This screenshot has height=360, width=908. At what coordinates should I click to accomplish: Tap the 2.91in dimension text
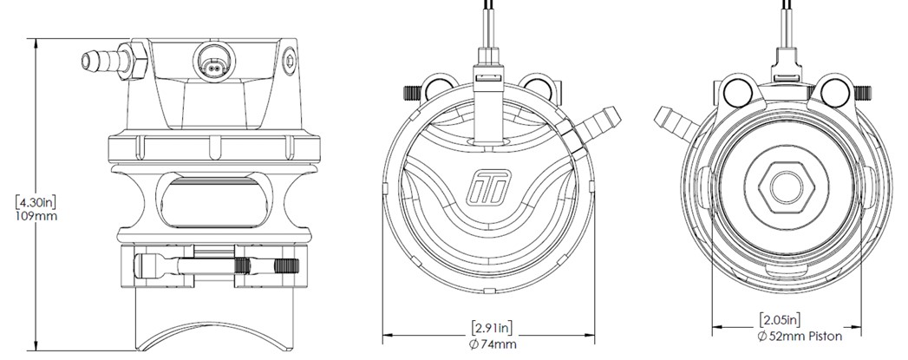492,328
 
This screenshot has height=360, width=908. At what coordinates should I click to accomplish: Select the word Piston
823,336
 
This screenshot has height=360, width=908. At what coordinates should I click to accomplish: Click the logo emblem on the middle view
488,187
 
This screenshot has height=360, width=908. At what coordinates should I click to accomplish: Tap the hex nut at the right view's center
787,187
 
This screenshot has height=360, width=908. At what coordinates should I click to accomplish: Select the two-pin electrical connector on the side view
215,60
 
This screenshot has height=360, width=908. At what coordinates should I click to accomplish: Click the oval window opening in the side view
213,202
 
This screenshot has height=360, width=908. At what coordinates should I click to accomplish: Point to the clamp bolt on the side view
216,266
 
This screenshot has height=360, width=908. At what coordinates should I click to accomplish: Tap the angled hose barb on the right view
676,122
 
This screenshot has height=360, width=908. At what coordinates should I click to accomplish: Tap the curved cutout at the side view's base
215,336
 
